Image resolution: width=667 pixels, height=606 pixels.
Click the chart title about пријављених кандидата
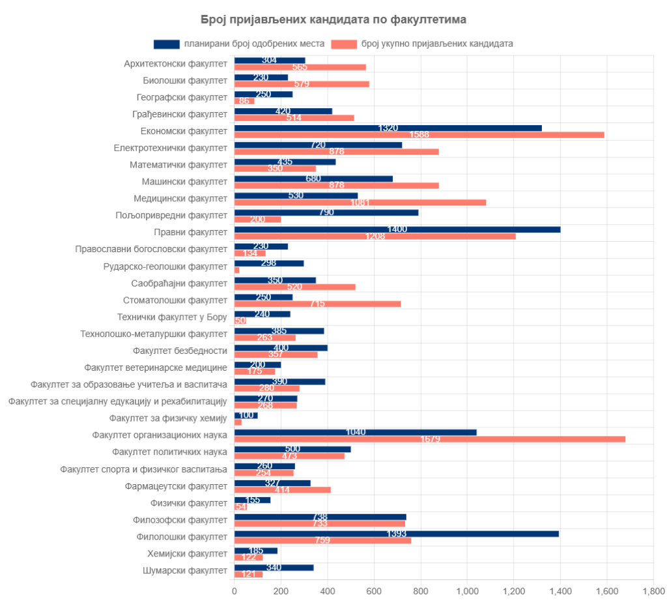[x=333, y=20]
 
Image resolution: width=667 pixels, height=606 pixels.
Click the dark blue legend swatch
[x=166, y=44]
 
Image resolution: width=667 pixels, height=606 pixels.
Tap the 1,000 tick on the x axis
[x=467, y=591]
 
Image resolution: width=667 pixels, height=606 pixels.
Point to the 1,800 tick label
[x=653, y=591]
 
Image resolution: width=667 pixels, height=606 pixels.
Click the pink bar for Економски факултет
[x=419, y=135]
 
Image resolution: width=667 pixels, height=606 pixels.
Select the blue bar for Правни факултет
[x=397, y=229]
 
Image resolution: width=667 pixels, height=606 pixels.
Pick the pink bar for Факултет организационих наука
[x=430, y=439]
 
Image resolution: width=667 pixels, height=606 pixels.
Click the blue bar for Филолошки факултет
[x=396, y=534]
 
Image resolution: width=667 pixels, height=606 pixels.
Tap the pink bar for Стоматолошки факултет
[x=317, y=304]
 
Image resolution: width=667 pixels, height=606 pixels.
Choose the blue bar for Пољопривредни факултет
[x=326, y=212]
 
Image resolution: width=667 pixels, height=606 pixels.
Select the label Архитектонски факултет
[x=175, y=64]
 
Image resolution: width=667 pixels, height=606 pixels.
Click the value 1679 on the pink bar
[x=430, y=440]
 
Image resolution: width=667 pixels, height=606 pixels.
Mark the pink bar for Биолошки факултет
[x=302, y=84]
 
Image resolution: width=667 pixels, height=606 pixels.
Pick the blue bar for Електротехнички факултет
[x=318, y=145]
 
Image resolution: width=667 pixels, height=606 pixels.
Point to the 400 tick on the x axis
[x=328, y=591]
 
